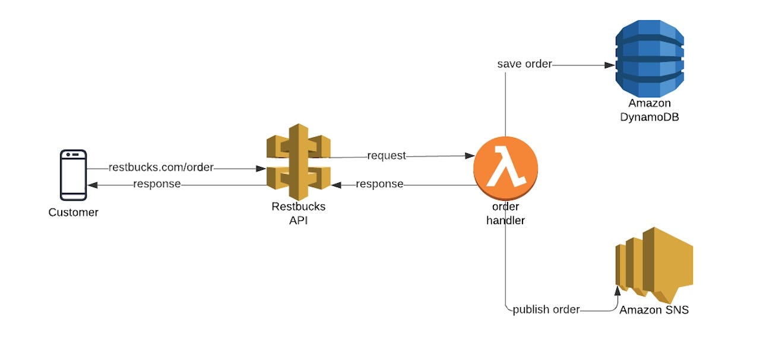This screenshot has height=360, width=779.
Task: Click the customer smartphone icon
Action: point(73,175)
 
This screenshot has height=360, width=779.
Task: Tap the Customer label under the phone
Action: point(73,212)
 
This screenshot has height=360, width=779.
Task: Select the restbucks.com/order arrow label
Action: point(160,168)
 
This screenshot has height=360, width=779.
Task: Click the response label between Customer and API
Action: point(157,184)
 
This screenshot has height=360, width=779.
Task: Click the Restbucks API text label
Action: point(298,213)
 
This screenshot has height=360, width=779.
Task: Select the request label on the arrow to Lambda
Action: point(387,156)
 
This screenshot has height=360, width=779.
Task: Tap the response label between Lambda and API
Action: point(379,184)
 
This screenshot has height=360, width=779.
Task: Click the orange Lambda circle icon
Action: point(505,168)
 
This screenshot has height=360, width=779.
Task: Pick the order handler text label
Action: point(505,213)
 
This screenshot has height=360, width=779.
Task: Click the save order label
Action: point(524,64)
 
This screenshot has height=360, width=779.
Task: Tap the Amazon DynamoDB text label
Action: point(650,110)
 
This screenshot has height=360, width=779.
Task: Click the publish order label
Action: point(546,310)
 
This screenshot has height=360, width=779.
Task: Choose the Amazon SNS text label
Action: point(654,310)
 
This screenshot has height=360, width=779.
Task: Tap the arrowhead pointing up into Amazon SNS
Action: point(617,290)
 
